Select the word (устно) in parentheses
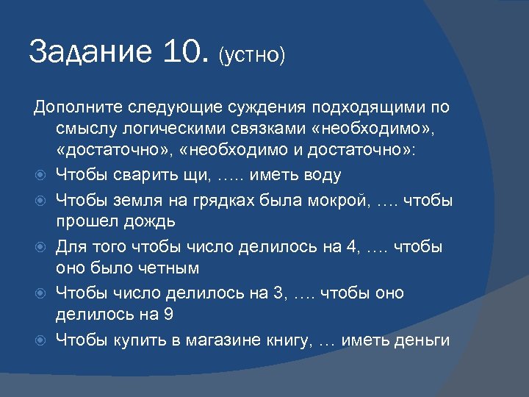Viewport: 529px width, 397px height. (251, 57)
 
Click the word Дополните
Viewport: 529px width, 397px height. (77, 108)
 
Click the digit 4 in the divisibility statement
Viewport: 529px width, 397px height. (349, 246)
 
